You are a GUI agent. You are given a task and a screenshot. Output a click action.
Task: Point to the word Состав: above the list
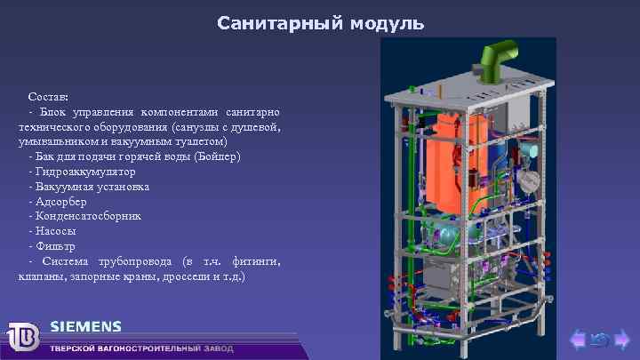coord(47,95)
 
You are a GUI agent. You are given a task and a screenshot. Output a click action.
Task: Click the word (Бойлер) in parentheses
coord(217,156)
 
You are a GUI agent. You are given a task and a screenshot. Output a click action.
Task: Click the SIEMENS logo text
coord(86,325)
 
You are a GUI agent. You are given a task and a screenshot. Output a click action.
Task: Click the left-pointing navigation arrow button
coord(578,338)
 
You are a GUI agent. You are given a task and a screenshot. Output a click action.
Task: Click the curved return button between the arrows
coord(599,338)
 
